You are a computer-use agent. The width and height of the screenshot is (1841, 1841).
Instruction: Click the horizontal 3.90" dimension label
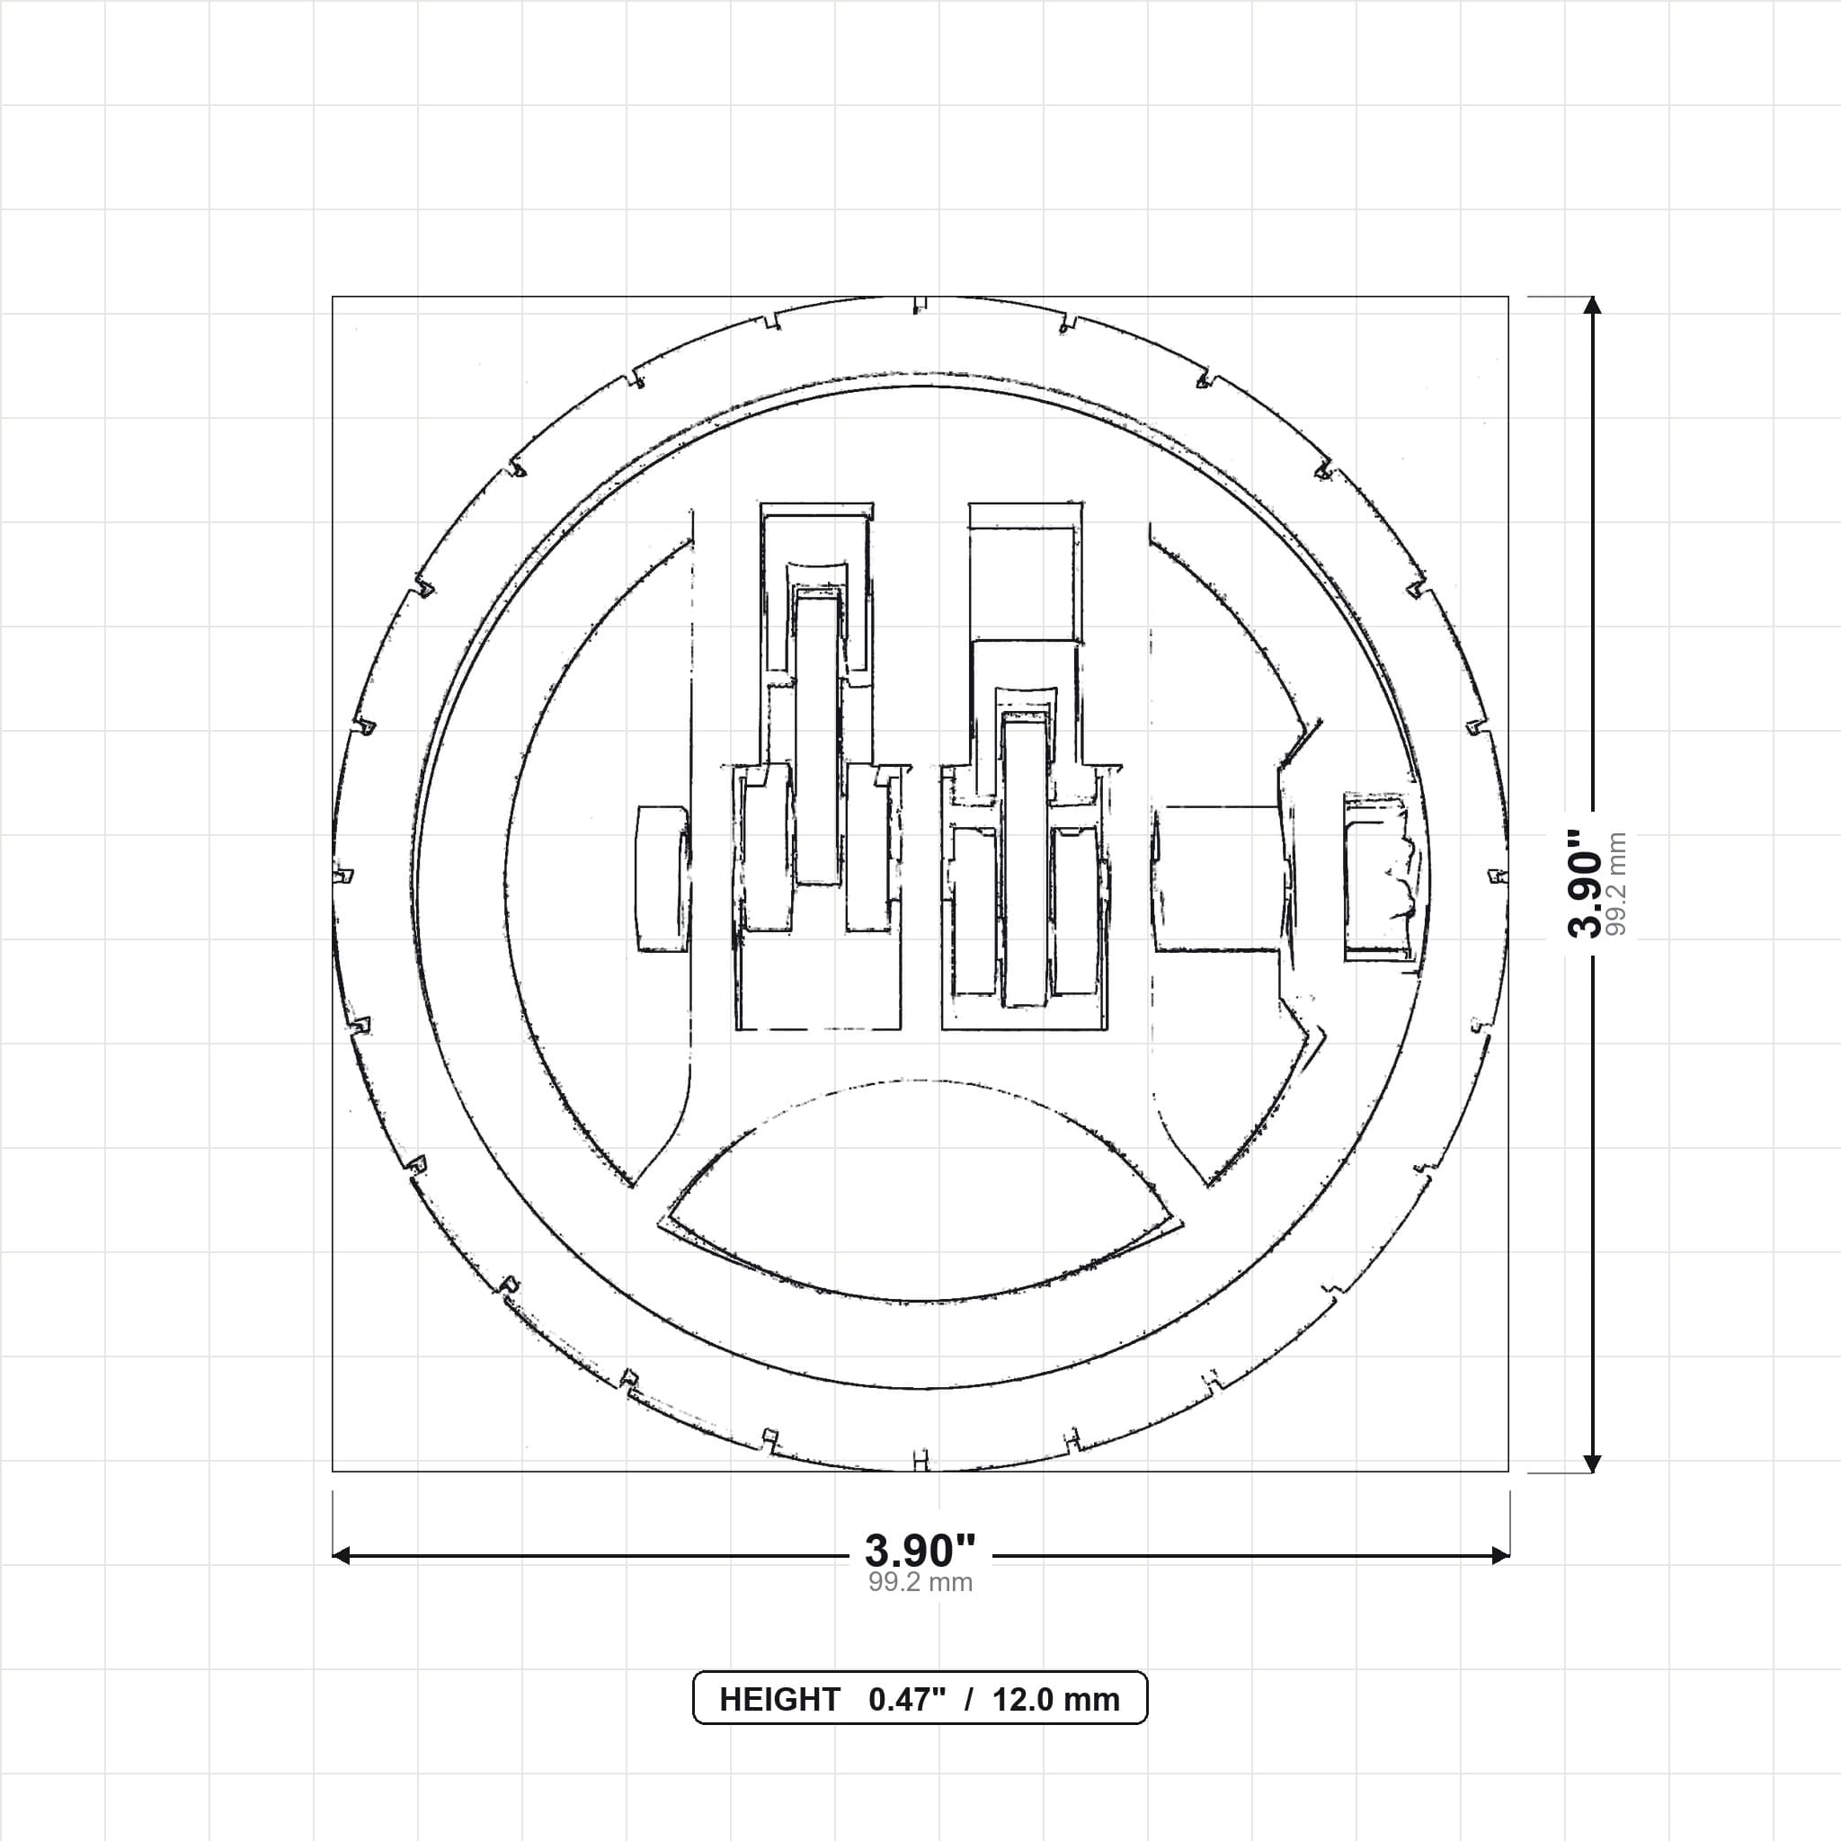click(x=920, y=1551)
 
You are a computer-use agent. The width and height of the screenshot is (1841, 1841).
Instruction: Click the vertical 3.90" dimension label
click(x=1587, y=884)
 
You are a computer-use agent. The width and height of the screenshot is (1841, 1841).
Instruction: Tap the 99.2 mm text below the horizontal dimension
click(x=920, y=1583)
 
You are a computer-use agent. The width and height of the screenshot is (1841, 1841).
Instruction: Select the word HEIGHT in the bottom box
click(x=779, y=1699)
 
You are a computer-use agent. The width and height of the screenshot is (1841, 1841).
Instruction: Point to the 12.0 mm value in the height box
click(x=1056, y=1699)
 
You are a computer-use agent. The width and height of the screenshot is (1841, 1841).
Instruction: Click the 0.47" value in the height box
click(x=907, y=1699)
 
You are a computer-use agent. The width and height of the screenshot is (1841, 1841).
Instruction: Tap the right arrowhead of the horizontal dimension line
click(x=1500, y=1556)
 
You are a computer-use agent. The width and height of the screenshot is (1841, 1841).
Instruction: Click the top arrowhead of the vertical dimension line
click(x=1591, y=306)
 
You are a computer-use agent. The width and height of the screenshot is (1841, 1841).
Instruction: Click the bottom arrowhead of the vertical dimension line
click(x=1591, y=1462)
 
